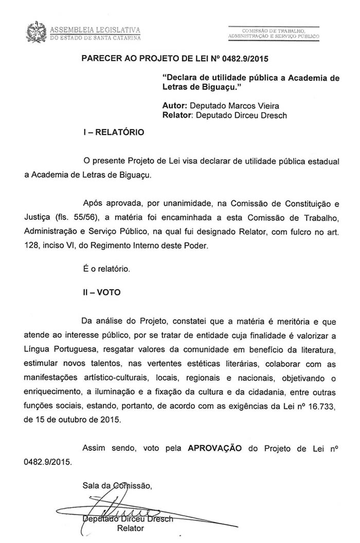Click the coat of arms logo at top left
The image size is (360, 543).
(35, 31)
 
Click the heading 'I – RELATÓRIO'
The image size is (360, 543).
(114, 132)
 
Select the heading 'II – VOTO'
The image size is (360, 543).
(102, 292)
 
